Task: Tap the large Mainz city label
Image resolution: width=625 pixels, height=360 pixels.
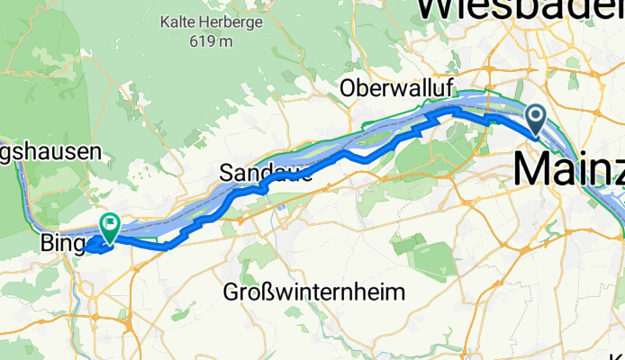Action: coord(568,167)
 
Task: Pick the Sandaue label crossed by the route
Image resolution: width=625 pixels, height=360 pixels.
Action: coord(267,173)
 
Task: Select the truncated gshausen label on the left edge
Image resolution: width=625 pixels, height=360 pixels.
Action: coord(49,152)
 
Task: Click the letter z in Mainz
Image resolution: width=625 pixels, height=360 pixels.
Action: coord(612,167)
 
